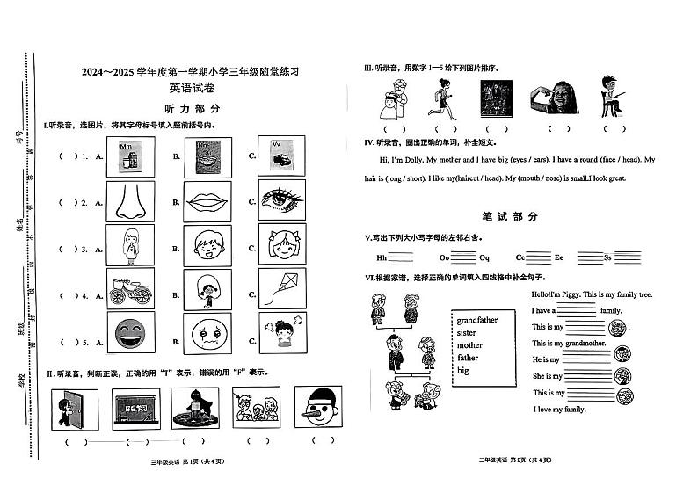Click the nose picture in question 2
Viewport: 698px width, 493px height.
coord(129,201)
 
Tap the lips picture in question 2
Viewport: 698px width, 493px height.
coord(207,201)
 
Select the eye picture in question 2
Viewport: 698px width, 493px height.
coord(282,200)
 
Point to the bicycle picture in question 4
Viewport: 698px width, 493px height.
coord(129,288)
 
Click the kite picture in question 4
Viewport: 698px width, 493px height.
coord(282,288)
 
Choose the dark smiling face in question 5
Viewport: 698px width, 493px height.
coord(129,334)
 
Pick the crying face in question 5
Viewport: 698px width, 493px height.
coord(207,334)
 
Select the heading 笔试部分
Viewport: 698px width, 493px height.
coord(510,216)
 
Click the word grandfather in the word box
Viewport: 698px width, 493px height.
coord(477,321)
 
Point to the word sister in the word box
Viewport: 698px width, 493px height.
coord(467,333)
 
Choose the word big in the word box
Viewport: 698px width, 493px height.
coord(463,371)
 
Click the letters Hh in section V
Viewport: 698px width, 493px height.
coord(382,258)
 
